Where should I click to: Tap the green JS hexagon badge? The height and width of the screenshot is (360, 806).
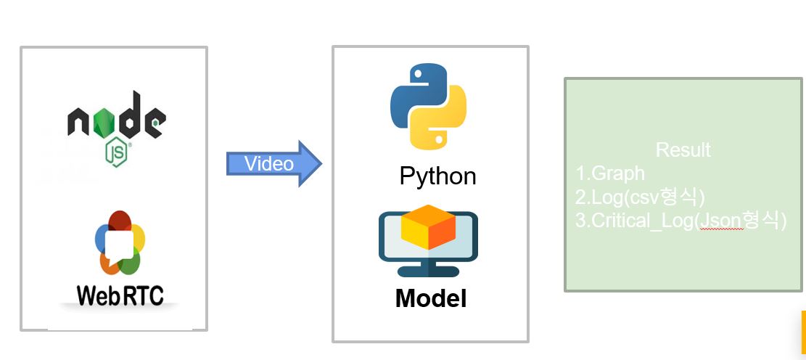pos(117,152)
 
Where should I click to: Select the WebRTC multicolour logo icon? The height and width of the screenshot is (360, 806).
pos(120,244)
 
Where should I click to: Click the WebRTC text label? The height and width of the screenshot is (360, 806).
pos(120,295)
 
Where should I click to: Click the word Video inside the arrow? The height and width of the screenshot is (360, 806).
pos(268,164)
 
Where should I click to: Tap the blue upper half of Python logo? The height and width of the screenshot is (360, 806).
pos(415,91)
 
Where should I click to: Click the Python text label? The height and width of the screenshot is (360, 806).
pos(437,176)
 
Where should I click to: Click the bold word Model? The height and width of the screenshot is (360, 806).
pos(431,298)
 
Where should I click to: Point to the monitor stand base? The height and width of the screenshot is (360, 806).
pos(428,271)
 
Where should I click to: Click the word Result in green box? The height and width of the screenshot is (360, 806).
pos(683,150)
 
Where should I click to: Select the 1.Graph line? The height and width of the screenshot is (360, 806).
pos(610,173)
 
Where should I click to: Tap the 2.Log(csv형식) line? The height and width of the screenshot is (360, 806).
pos(641,197)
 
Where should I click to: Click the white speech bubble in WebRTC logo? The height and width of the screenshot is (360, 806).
pos(120,245)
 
